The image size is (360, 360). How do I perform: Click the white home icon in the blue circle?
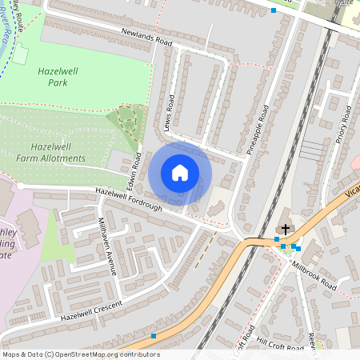coord(180,173)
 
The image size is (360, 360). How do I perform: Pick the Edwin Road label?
coord(136,166)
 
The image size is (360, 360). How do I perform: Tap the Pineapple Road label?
coord(260,128)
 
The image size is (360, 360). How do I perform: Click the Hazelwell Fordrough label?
coord(128,200)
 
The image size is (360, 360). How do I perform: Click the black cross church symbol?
coord(286,227)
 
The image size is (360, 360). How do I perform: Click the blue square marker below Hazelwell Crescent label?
coord(153,336)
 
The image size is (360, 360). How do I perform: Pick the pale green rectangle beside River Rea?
coord(20,55)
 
